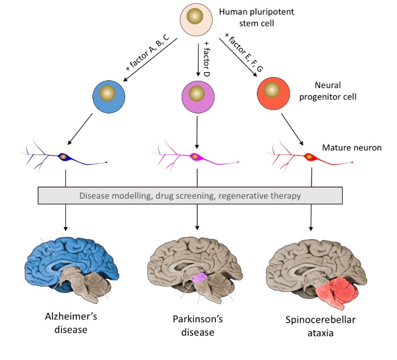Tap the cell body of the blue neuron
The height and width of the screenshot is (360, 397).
click(x=64, y=157)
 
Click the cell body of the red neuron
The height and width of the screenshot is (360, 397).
click(x=307, y=157)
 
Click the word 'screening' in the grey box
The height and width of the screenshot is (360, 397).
click(x=179, y=195)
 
